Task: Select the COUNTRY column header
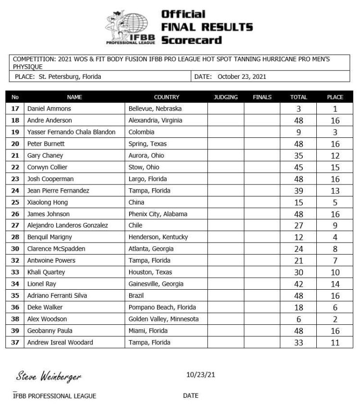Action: click(x=167, y=97)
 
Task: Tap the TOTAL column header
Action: click(x=299, y=97)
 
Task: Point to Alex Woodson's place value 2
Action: click(x=335, y=319)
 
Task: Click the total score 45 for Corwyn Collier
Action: click(x=299, y=168)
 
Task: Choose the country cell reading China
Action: click(x=136, y=202)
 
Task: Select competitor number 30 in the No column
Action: click(x=15, y=249)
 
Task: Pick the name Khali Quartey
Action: click(x=47, y=272)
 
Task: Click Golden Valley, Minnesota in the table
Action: click(x=163, y=319)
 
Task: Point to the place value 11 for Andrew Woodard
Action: click(x=335, y=343)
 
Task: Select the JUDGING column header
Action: click(x=226, y=97)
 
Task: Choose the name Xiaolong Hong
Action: click(x=47, y=202)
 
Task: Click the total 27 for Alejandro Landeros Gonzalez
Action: click(x=299, y=226)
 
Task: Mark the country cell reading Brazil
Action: click(x=137, y=296)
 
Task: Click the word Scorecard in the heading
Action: click(x=192, y=40)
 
